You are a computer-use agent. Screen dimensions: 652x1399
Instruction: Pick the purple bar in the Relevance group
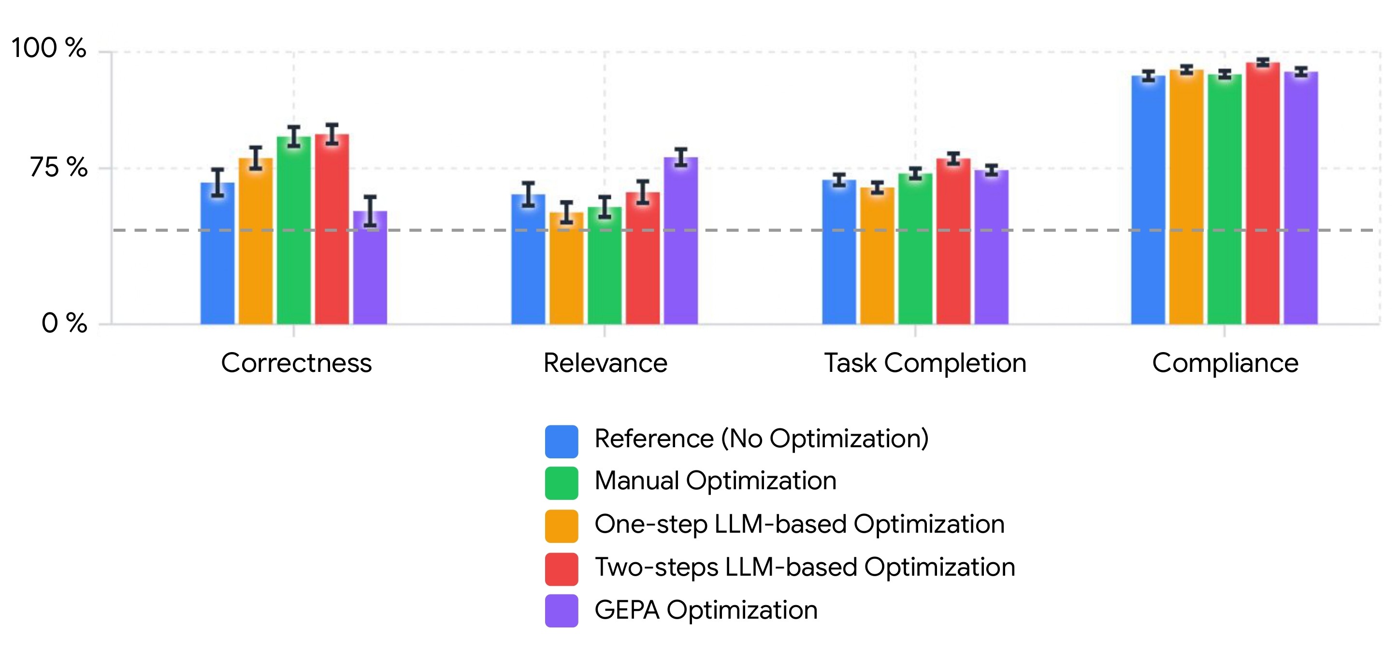point(680,241)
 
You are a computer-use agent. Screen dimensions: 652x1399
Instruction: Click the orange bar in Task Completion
point(877,255)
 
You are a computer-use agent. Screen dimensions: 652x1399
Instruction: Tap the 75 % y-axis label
point(58,167)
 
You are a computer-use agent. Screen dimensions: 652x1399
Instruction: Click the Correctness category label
point(296,363)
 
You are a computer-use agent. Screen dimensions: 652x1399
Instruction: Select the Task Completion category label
point(925,363)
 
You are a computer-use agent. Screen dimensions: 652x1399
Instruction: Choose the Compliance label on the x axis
point(1225,363)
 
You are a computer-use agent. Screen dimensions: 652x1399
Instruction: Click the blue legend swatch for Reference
point(562,441)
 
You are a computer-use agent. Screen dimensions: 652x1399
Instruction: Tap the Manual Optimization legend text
point(715,481)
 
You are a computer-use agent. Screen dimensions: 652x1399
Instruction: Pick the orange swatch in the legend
point(562,525)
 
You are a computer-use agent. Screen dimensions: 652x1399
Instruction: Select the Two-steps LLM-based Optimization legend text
point(804,567)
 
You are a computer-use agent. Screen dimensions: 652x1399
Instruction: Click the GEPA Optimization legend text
point(706,610)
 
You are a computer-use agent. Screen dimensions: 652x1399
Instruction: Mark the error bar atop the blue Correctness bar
point(218,183)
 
